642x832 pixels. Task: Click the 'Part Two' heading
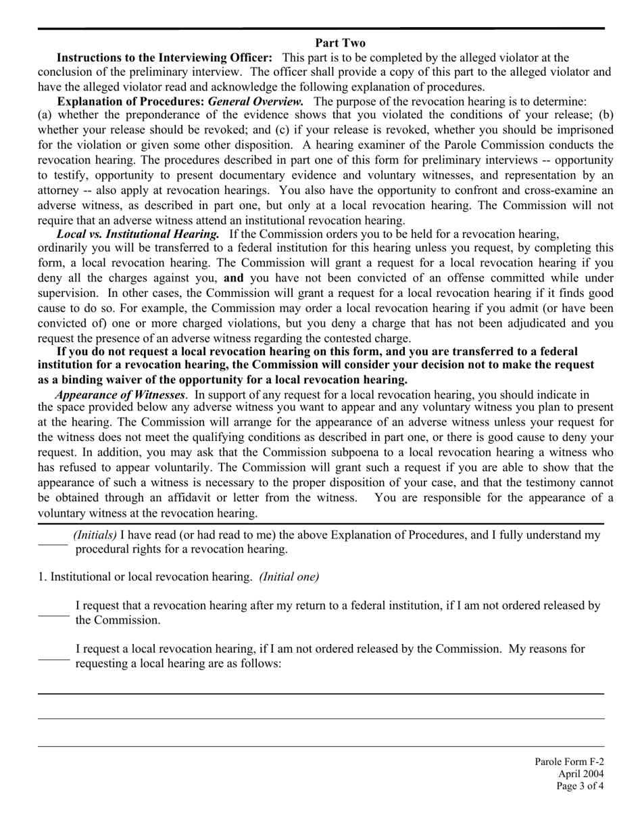point(340,43)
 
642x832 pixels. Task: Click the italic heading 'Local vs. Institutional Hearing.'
point(138,234)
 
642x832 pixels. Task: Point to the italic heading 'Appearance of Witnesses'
point(120,394)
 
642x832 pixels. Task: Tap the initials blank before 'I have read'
point(53,542)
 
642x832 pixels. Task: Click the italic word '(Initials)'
point(95,535)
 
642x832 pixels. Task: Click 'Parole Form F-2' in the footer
point(569,762)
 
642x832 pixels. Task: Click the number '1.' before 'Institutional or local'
point(42,577)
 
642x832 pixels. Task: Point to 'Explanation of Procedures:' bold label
point(130,101)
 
